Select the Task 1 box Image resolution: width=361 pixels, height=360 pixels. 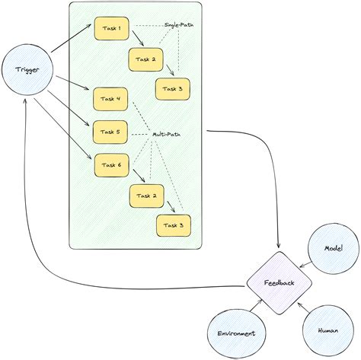coord(111,28)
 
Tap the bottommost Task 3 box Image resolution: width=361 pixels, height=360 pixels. coord(174,225)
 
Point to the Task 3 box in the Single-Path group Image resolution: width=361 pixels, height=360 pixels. coord(174,89)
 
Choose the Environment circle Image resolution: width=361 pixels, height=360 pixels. coord(235,333)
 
